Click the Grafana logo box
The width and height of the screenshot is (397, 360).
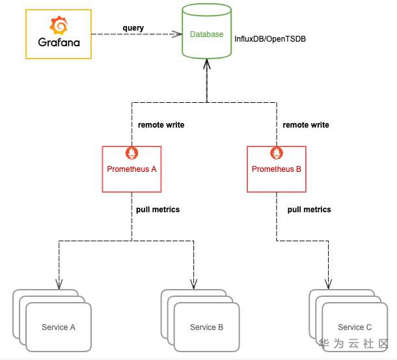click(x=57, y=34)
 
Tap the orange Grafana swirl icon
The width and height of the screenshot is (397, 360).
click(x=59, y=25)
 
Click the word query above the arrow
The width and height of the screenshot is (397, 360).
click(x=133, y=27)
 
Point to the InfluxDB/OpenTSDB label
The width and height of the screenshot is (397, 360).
click(x=270, y=39)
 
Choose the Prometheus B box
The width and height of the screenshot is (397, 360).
click(x=277, y=169)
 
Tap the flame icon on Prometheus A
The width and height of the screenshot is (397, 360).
click(x=132, y=154)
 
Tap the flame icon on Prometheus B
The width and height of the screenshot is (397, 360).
click(x=277, y=154)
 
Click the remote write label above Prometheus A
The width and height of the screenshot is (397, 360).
click(x=161, y=125)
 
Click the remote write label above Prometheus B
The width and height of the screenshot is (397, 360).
click(x=305, y=125)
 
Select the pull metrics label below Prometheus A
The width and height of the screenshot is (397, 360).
click(x=157, y=210)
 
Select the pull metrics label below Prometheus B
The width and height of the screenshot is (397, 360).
click(x=309, y=210)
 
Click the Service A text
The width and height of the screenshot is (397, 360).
click(x=59, y=327)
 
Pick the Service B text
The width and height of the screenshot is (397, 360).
click(x=207, y=327)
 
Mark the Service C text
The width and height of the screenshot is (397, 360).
click(x=355, y=327)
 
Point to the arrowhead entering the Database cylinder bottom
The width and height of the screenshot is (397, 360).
click(x=206, y=64)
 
